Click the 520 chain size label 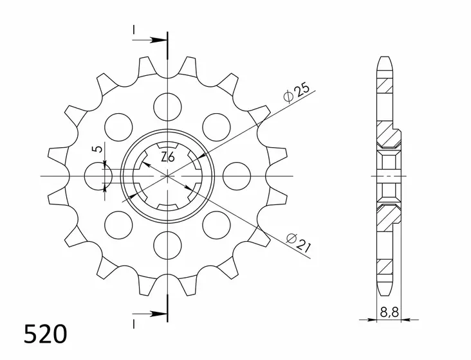tap(45, 336)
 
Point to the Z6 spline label tap(167, 156)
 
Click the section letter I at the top tap(134, 30)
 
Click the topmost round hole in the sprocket tap(167, 104)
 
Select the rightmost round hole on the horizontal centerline tap(237, 175)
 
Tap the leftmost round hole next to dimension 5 tap(97, 175)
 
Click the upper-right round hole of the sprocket tap(216, 125)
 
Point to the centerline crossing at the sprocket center tap(167, 175)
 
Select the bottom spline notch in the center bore tap(167, 204)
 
